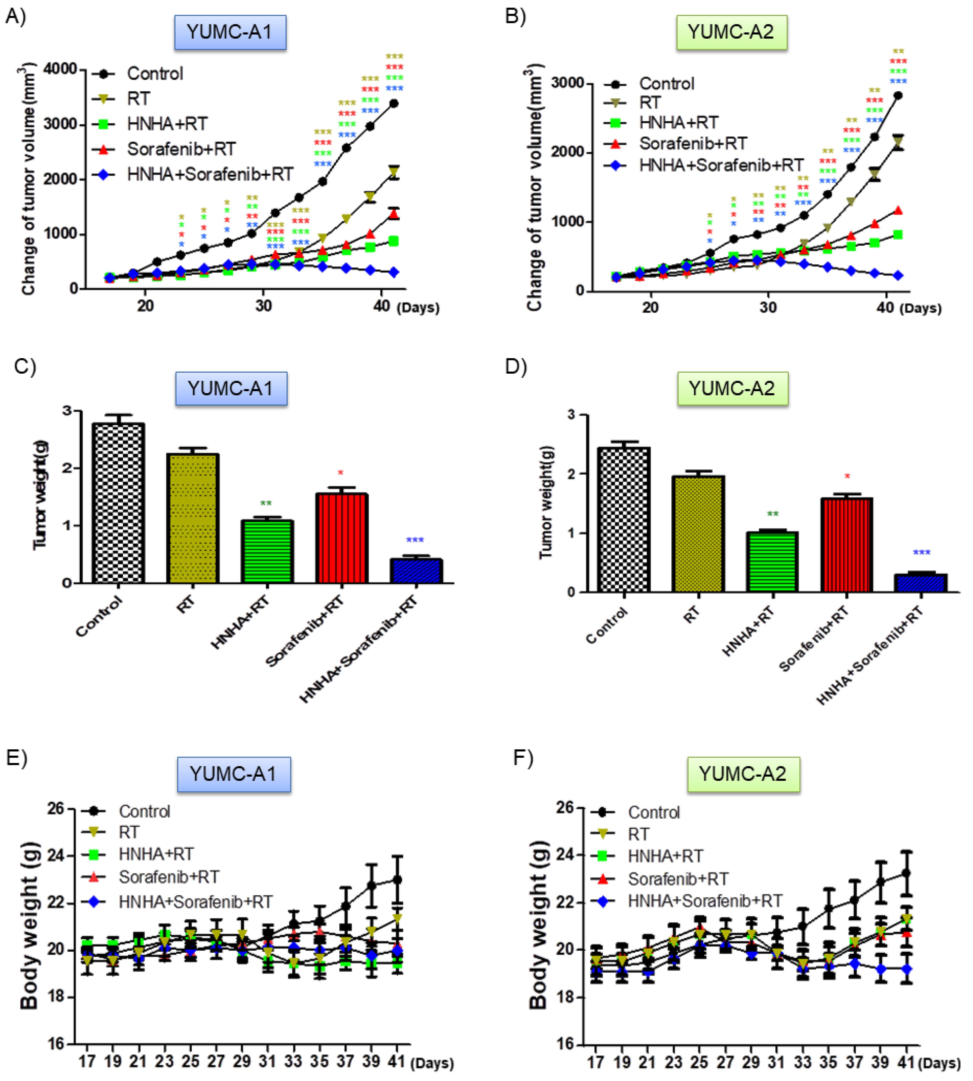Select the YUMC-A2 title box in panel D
(732, 389)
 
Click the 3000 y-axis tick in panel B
(567, 84)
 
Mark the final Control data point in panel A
(394, 103)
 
